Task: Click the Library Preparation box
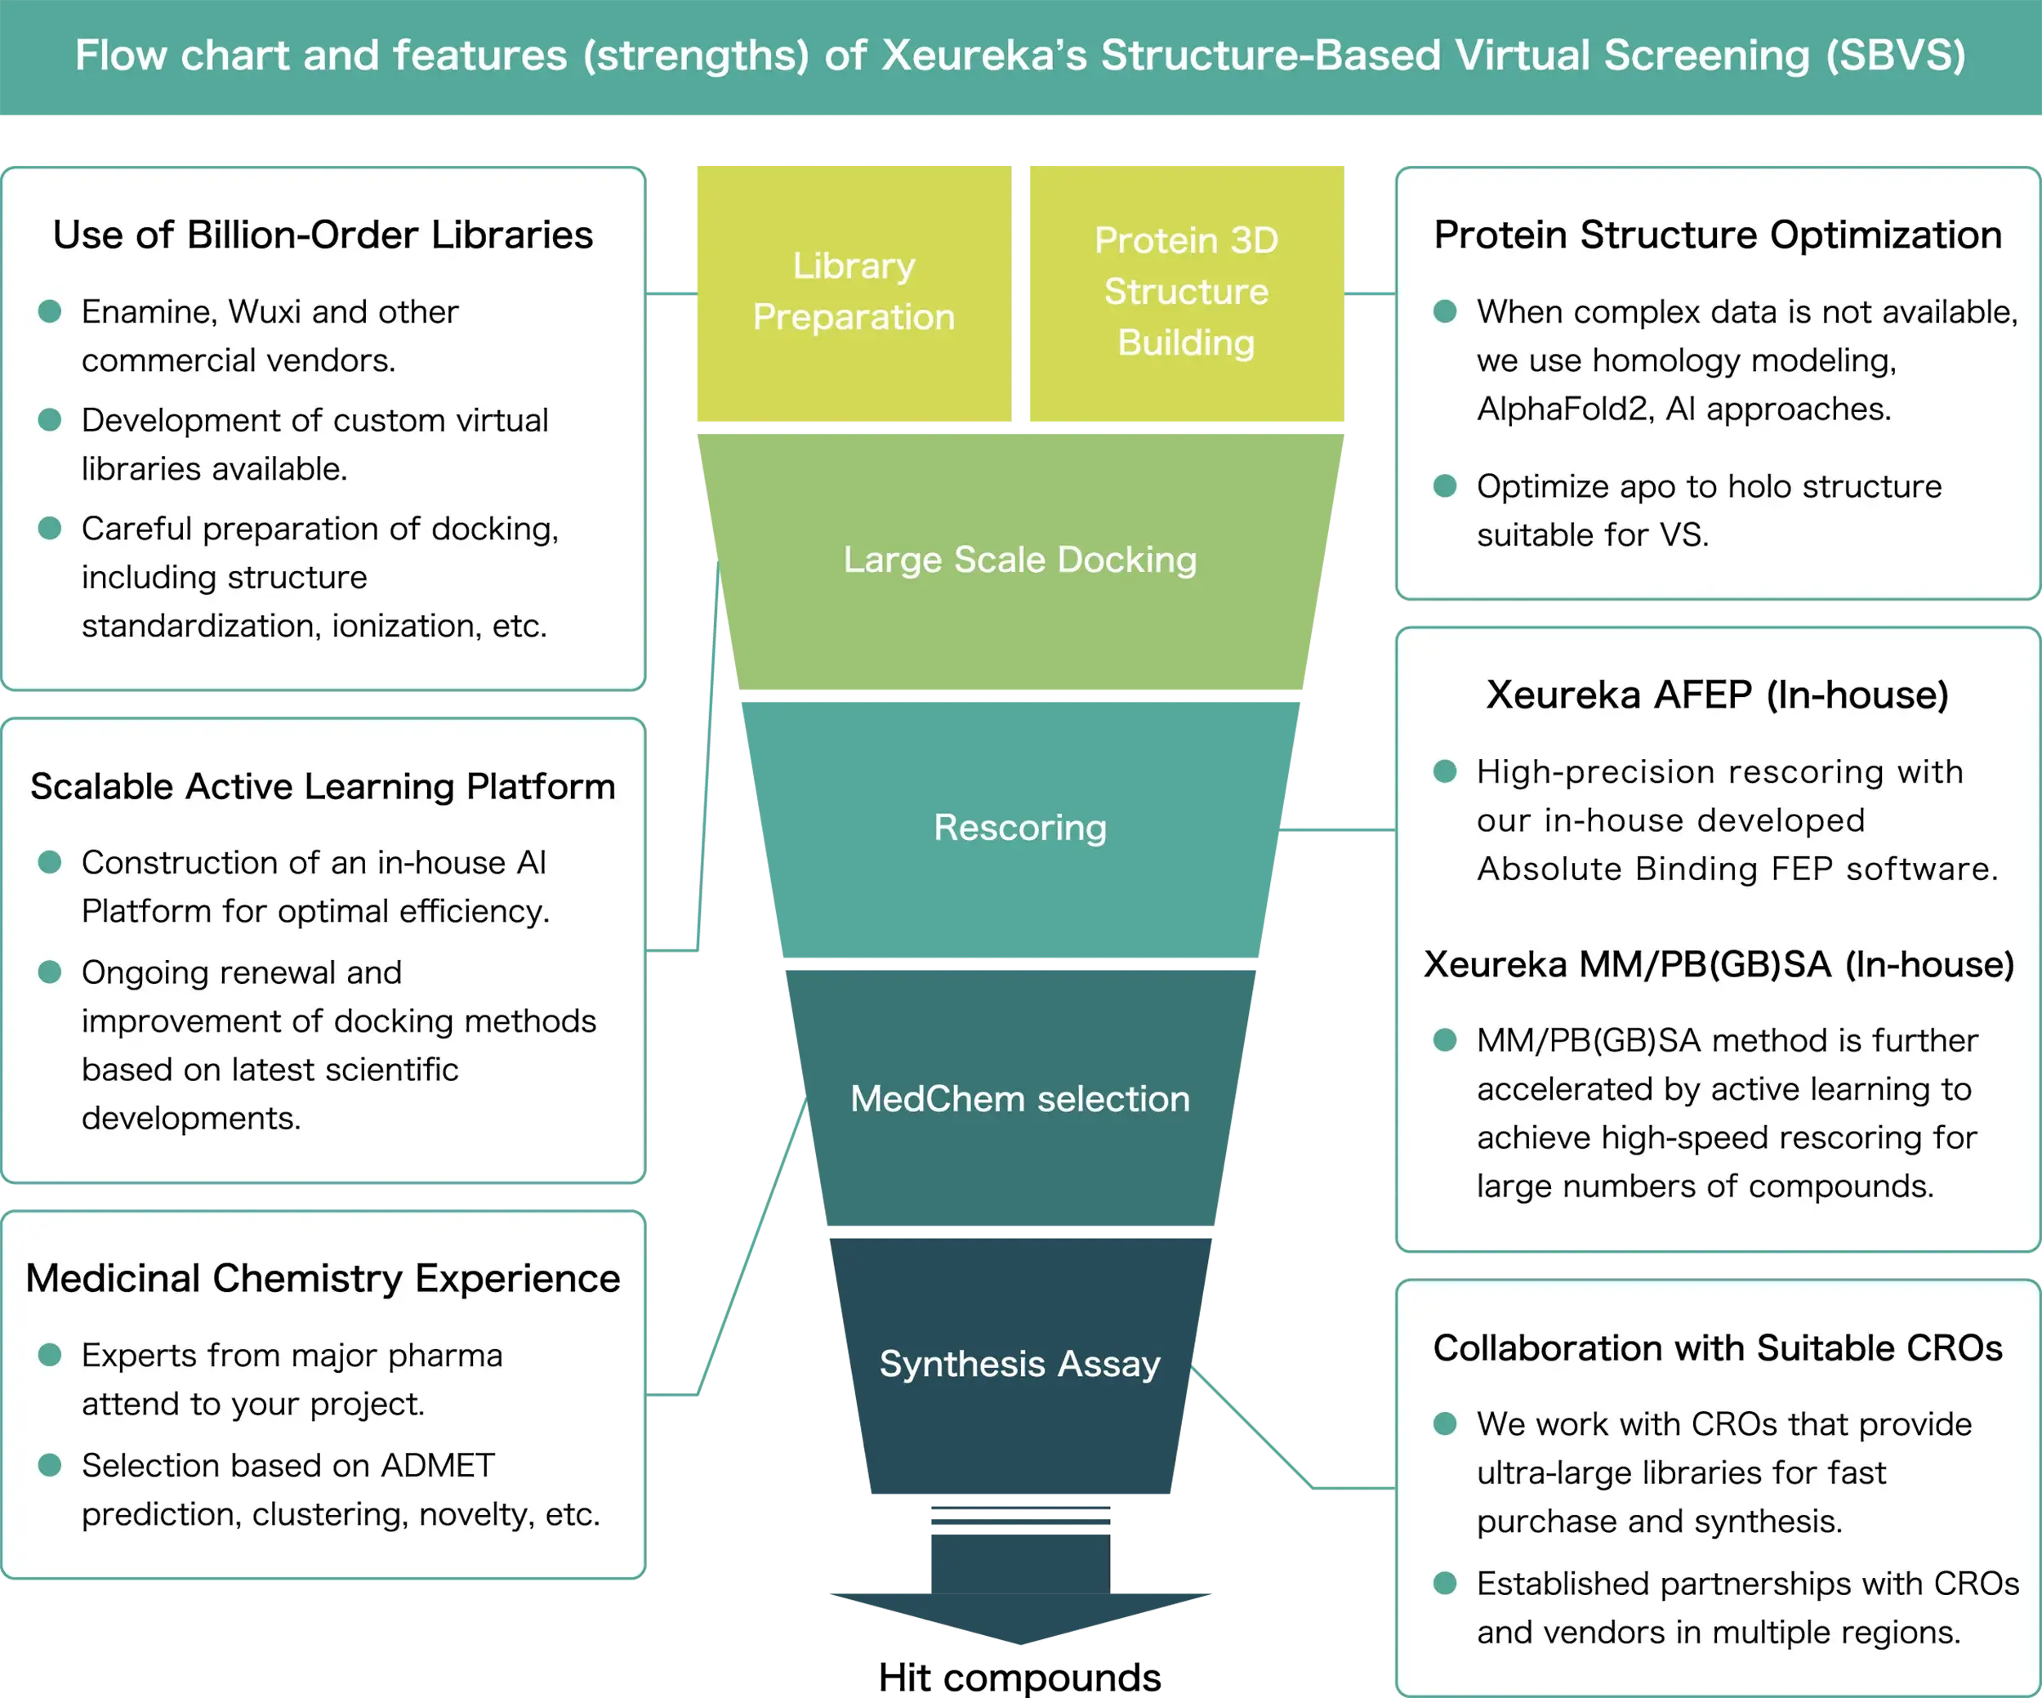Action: pyautogui.click(x=853, y=292)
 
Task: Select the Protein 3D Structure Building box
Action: pyautogui.click(x=1185, y=292)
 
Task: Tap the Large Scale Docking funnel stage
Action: pyautogui.click(x=1020, y=561)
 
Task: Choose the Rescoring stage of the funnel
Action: pyautogui.click(x=1020, y=828)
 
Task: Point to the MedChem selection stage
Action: pyautogui.click(x=1020, y=1099)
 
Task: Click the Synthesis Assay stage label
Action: pyautogui.click(x=1020, y=1364)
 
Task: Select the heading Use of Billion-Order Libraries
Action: pyautogui.click(x=323, y=235)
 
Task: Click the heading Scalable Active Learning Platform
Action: pyautogui.click(x=323, y=786)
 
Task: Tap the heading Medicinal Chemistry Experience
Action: pyautogui.click(x=323, y=1278)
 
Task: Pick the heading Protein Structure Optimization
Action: pyautogui.click(x=1717, y=235)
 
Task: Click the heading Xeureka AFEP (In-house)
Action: pyautogui.click(x=1717, y=695)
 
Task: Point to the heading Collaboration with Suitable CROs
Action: pyautogui.click(x=1717, y=1348)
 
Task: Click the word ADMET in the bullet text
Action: pyautogui.click(x=438, y=1466)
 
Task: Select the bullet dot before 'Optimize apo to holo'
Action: pyautogui.click(x=1445, y=485)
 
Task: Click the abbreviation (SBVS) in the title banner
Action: pyautogui.click(x=1895, y=56)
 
